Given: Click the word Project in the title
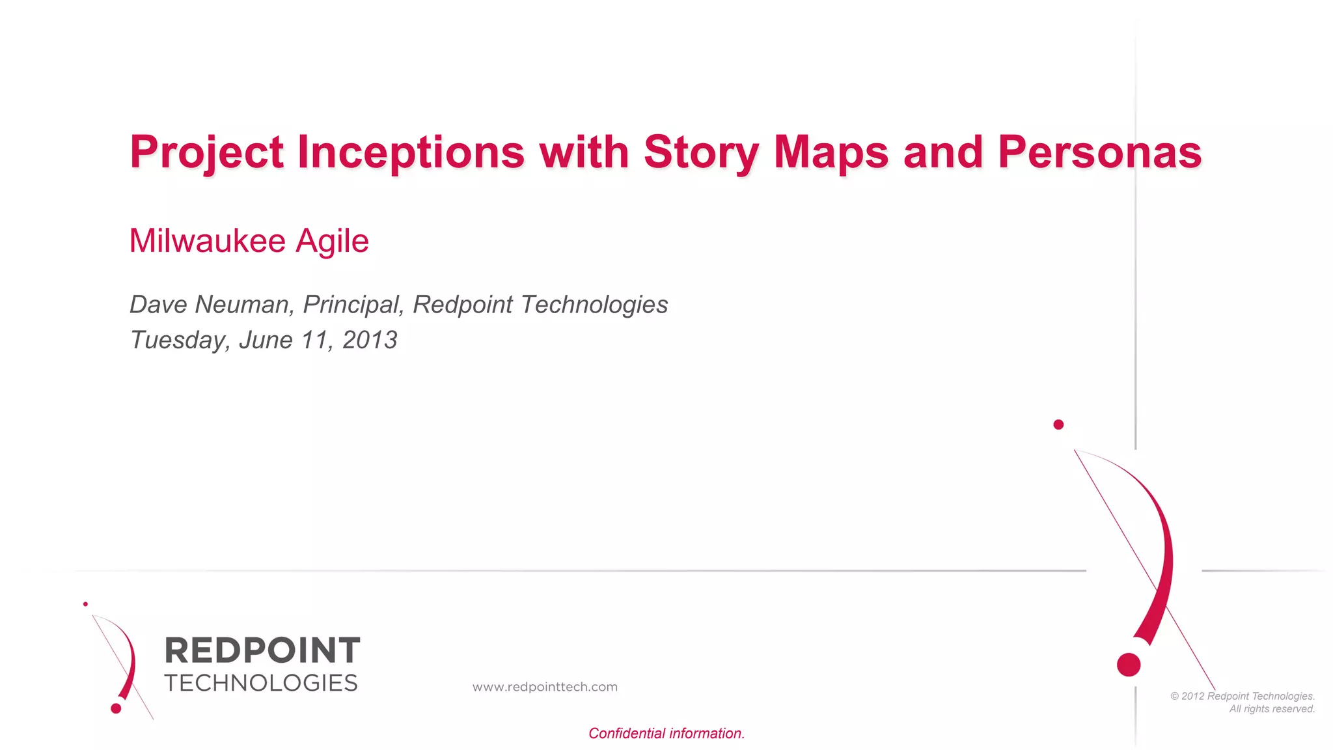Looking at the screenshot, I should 206,153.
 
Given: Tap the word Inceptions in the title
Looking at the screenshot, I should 411,153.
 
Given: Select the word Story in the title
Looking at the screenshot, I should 701,153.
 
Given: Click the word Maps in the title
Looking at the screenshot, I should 831,153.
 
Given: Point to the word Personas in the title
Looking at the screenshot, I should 1099,153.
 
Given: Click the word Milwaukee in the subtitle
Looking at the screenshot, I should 208,241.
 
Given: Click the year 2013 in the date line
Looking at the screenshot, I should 370,340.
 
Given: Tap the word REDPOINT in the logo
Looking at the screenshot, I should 262,650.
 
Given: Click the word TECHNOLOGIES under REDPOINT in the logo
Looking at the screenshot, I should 261,683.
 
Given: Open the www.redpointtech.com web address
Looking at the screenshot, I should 545,687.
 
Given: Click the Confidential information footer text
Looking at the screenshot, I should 666,734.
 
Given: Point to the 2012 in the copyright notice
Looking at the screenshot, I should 1192,696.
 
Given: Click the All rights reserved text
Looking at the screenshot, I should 1272,709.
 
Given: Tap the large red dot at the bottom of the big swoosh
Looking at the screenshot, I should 1129,665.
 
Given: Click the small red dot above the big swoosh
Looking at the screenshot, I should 1058,424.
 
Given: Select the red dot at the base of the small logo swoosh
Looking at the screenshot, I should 116,708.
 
